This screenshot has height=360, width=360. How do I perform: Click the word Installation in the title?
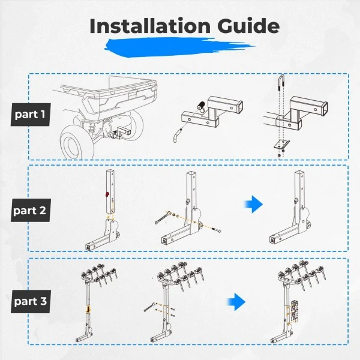tap(150, 26)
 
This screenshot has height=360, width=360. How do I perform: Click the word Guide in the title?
tap(248, 26)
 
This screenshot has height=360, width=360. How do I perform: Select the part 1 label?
tap(31, 115)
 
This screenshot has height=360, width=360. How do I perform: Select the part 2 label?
tap(31, 211)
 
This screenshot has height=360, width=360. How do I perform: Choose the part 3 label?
tap(31, 301)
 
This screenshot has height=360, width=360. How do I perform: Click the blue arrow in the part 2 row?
tap(253, 204)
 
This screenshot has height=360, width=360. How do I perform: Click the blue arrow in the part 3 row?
tap(236, 302)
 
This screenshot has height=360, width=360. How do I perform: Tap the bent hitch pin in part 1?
tap(176, 136)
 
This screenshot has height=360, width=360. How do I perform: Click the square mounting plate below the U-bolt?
tap(281, 144)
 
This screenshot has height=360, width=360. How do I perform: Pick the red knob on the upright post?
tap(107, 194)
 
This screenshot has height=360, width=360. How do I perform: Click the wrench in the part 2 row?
tap(163, 217)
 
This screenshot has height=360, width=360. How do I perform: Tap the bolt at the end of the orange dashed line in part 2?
tap(217, 230)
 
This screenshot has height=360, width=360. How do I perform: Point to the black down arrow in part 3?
tap(88, 308)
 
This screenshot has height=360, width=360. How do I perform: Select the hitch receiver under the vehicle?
tap(122, 131)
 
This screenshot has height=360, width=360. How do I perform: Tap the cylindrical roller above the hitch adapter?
tap(202, 107)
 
